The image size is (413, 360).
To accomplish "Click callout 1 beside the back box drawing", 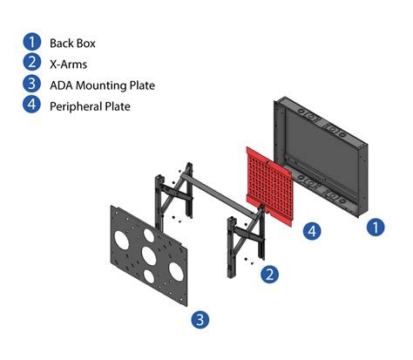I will [x=375, y=227].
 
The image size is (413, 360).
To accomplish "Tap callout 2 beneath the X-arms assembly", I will [x=271, y=274].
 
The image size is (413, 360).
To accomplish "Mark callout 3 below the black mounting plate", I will [x=200, y=320].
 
